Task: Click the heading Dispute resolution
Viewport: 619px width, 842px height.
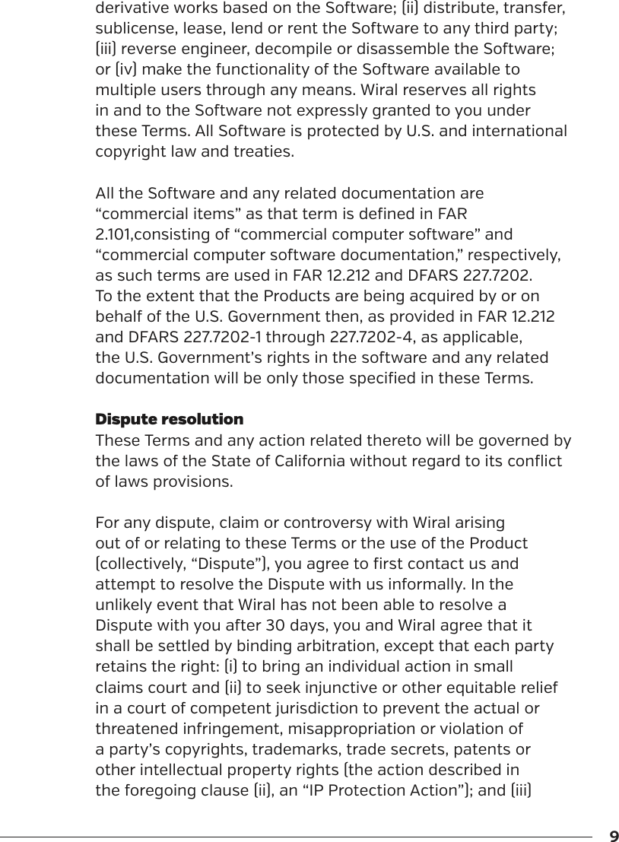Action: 169,419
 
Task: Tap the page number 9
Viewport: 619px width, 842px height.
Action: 614,837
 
